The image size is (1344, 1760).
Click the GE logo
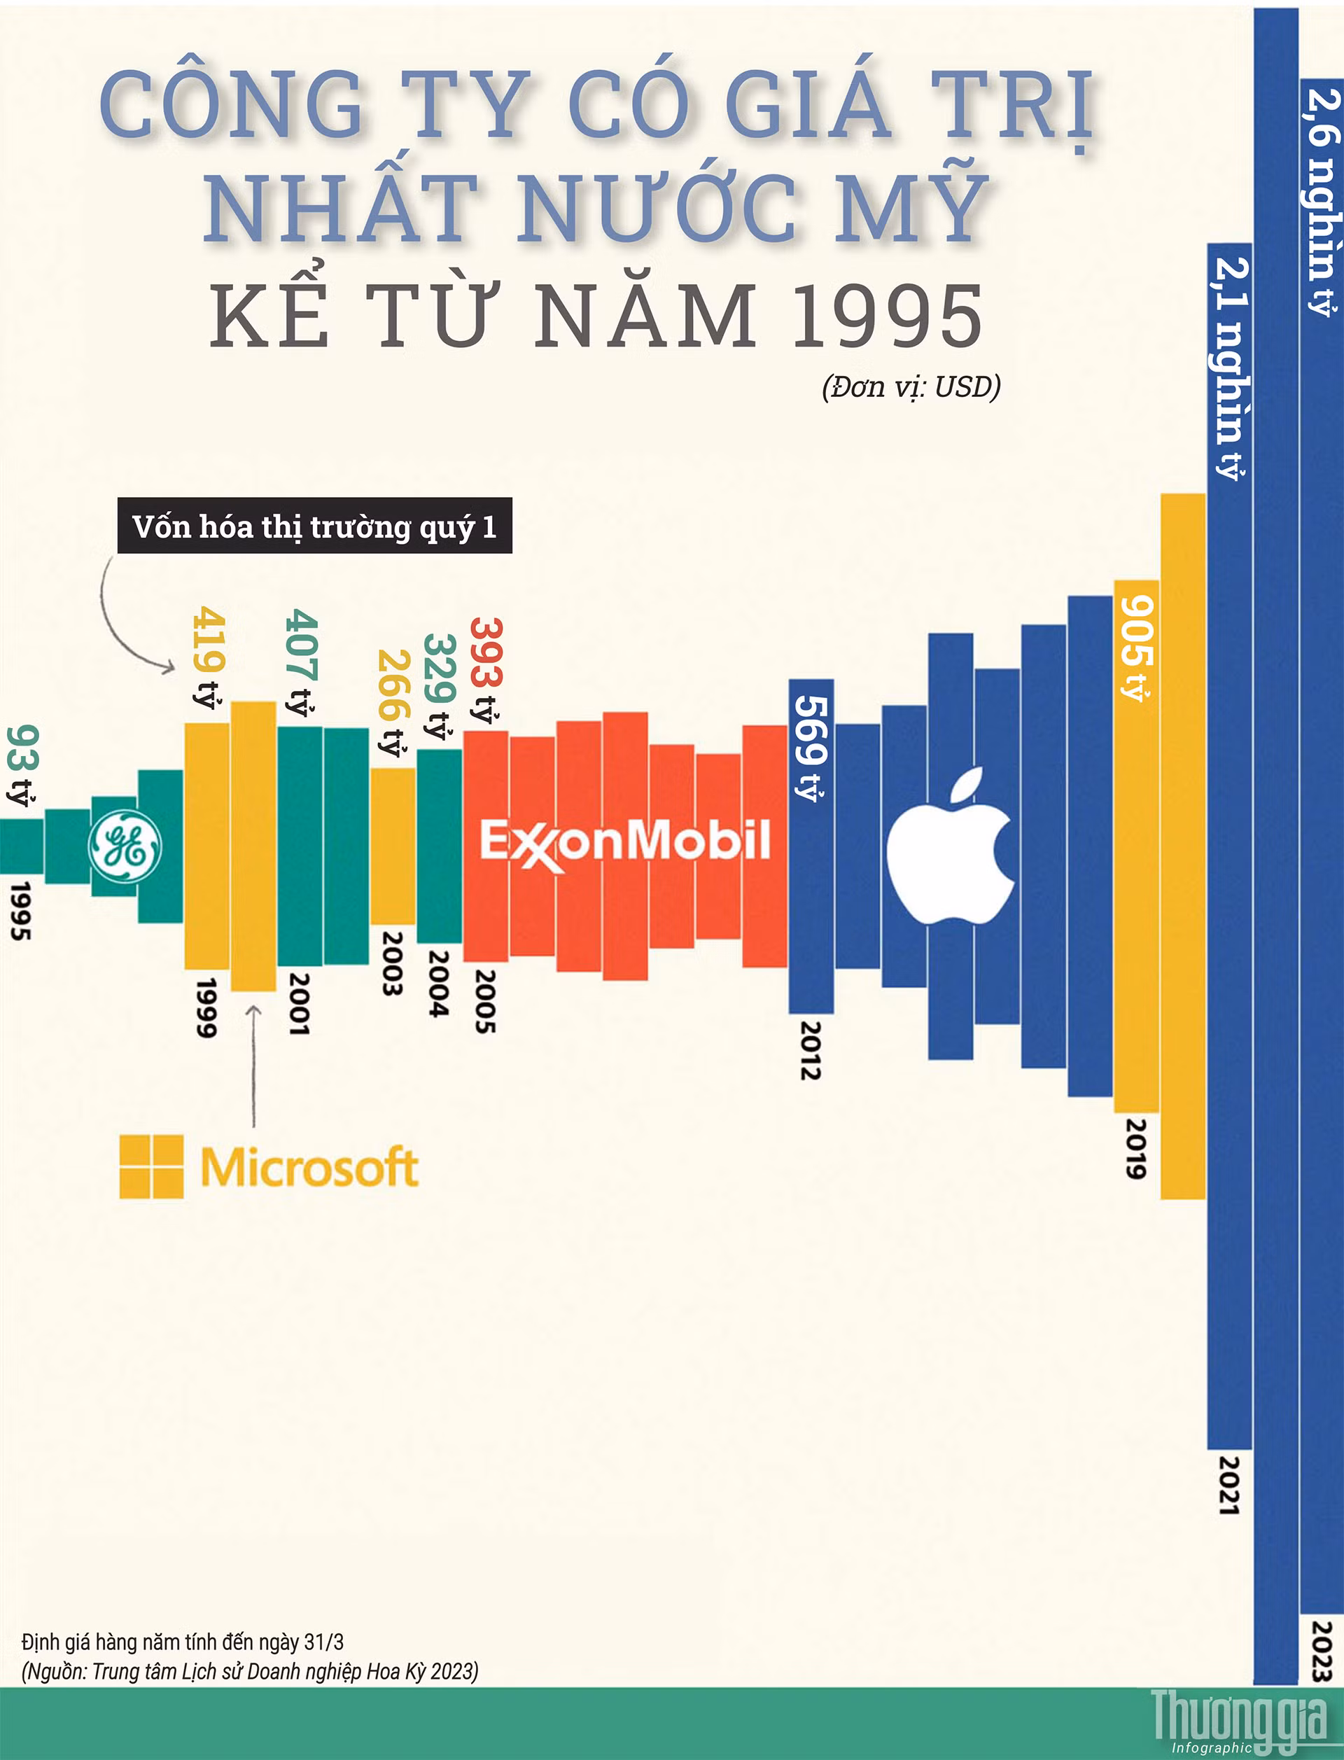coord(125,846)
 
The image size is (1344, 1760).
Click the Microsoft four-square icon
coord(151,1166)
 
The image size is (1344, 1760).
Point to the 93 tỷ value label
coord(22,766)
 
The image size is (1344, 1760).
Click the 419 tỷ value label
coord(208,657)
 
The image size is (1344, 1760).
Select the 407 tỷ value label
coord(302,662)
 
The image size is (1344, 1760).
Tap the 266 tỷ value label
coord(393,702)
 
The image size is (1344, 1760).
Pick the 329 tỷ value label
coord(439,685)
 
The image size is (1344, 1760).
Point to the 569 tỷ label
coord(811,747)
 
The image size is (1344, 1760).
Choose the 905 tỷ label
coord(1136,649)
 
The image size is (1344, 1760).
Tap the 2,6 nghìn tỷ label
coord(1322,201)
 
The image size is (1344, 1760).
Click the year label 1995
coord(21,910)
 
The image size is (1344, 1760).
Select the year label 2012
coord(811,1049)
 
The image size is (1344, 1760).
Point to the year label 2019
coord(1136,1148)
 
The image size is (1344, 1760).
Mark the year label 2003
coord(392,962)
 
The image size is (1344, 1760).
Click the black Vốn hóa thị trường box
coord(314,526)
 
